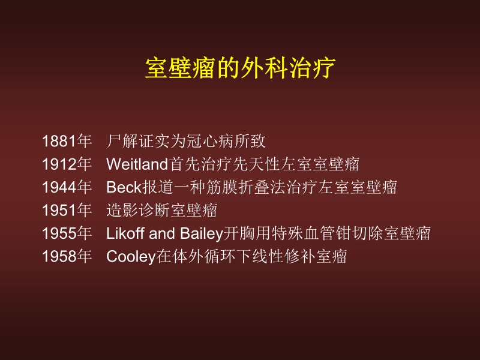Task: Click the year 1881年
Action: (67, 142)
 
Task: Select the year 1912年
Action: (67, 164)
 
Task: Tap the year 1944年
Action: (67, 187)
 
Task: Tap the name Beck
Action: (124, 187)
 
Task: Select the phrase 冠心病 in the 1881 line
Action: (204, 142)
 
